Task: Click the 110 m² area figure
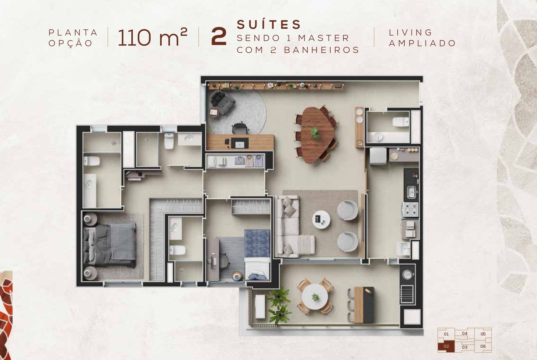point(152,37)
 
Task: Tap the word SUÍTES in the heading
point(269,24)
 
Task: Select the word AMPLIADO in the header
point(422,43)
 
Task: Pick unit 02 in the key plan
point(446,346)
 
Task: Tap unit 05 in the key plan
point(483,334)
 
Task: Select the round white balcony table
point(315,297)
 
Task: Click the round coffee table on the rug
point(321,220)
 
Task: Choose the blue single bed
point(257,254)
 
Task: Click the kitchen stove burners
point(410,210)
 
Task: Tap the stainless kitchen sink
point(411,192)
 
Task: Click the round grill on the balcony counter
point(407,275)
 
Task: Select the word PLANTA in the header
point(73,32)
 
